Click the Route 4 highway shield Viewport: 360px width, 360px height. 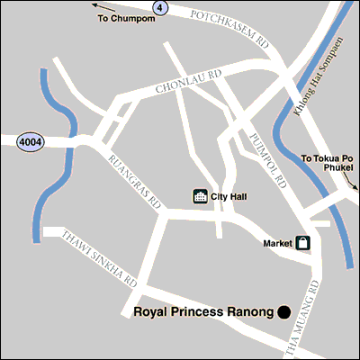(x=161, y=7)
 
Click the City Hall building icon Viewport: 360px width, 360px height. (x=201, y=196)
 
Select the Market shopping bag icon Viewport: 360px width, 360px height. (x=304, y=243)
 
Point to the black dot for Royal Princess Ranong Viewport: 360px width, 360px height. (x=283, y=312)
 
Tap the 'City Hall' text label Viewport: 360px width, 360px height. (x=229, y=196)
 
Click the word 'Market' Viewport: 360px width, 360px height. (x=278, y=243)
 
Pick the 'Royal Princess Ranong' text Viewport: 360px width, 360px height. (x=202, y=312)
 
